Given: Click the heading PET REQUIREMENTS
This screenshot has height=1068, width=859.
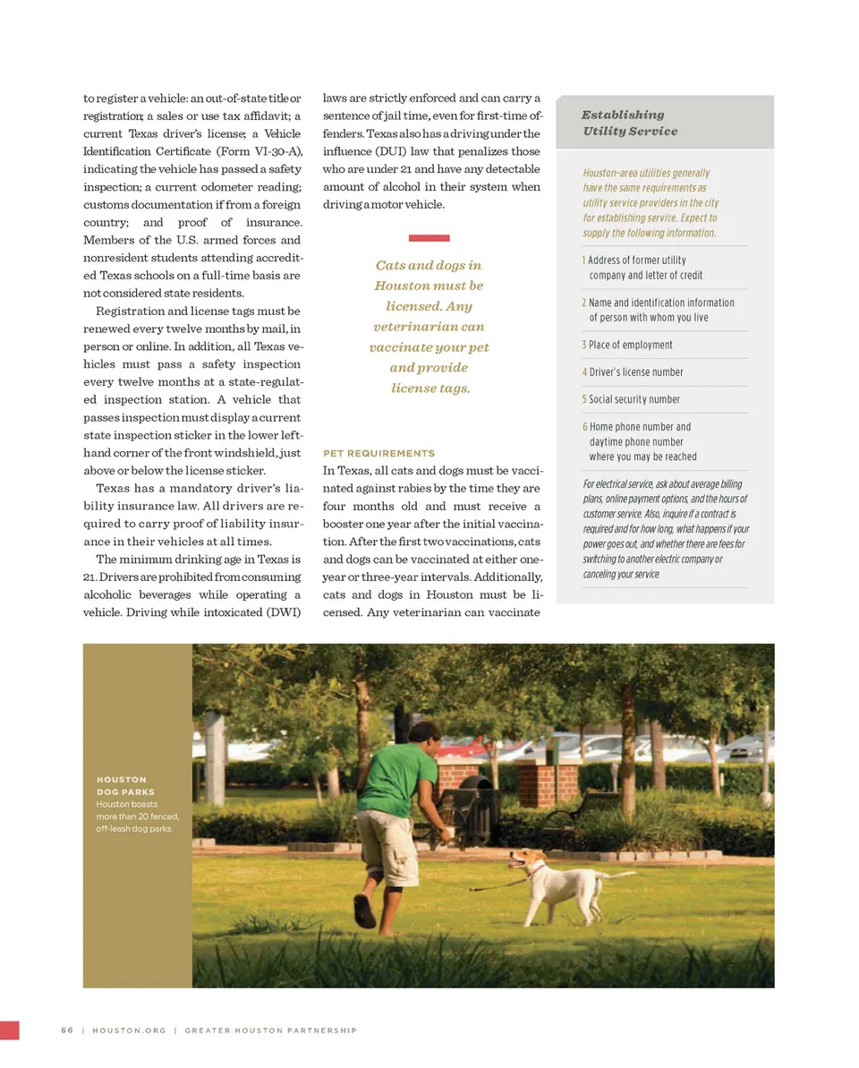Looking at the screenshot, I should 378,453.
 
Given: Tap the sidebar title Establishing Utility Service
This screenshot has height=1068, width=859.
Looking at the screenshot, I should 629,123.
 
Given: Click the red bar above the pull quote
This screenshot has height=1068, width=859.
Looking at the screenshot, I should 429,238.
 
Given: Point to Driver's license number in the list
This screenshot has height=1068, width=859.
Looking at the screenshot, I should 635,372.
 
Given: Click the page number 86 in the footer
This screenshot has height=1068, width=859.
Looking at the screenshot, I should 66,1030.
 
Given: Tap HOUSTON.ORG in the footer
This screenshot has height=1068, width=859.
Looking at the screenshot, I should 129,1030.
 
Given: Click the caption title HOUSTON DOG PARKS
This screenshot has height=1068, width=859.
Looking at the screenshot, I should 125,785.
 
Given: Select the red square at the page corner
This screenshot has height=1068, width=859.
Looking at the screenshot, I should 9,1030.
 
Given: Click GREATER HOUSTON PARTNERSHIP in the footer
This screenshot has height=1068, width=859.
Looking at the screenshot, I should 270,1030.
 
